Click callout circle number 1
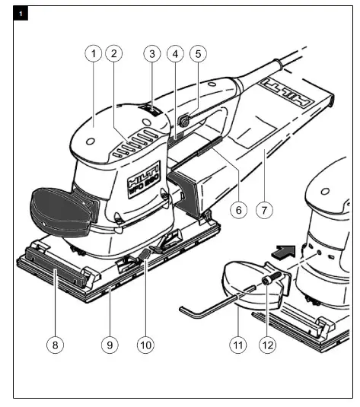[x=93, y=54]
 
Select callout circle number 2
[x=113, y=54]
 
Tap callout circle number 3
[x=152, y=54]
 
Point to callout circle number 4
[x=176, y=54]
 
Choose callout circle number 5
[x=199, y=54]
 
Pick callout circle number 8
[x=55, y=344]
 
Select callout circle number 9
[x=110, y=344]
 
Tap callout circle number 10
[x=145, y=344]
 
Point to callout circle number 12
[x=267, y=344]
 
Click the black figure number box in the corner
[x=21, y=13]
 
